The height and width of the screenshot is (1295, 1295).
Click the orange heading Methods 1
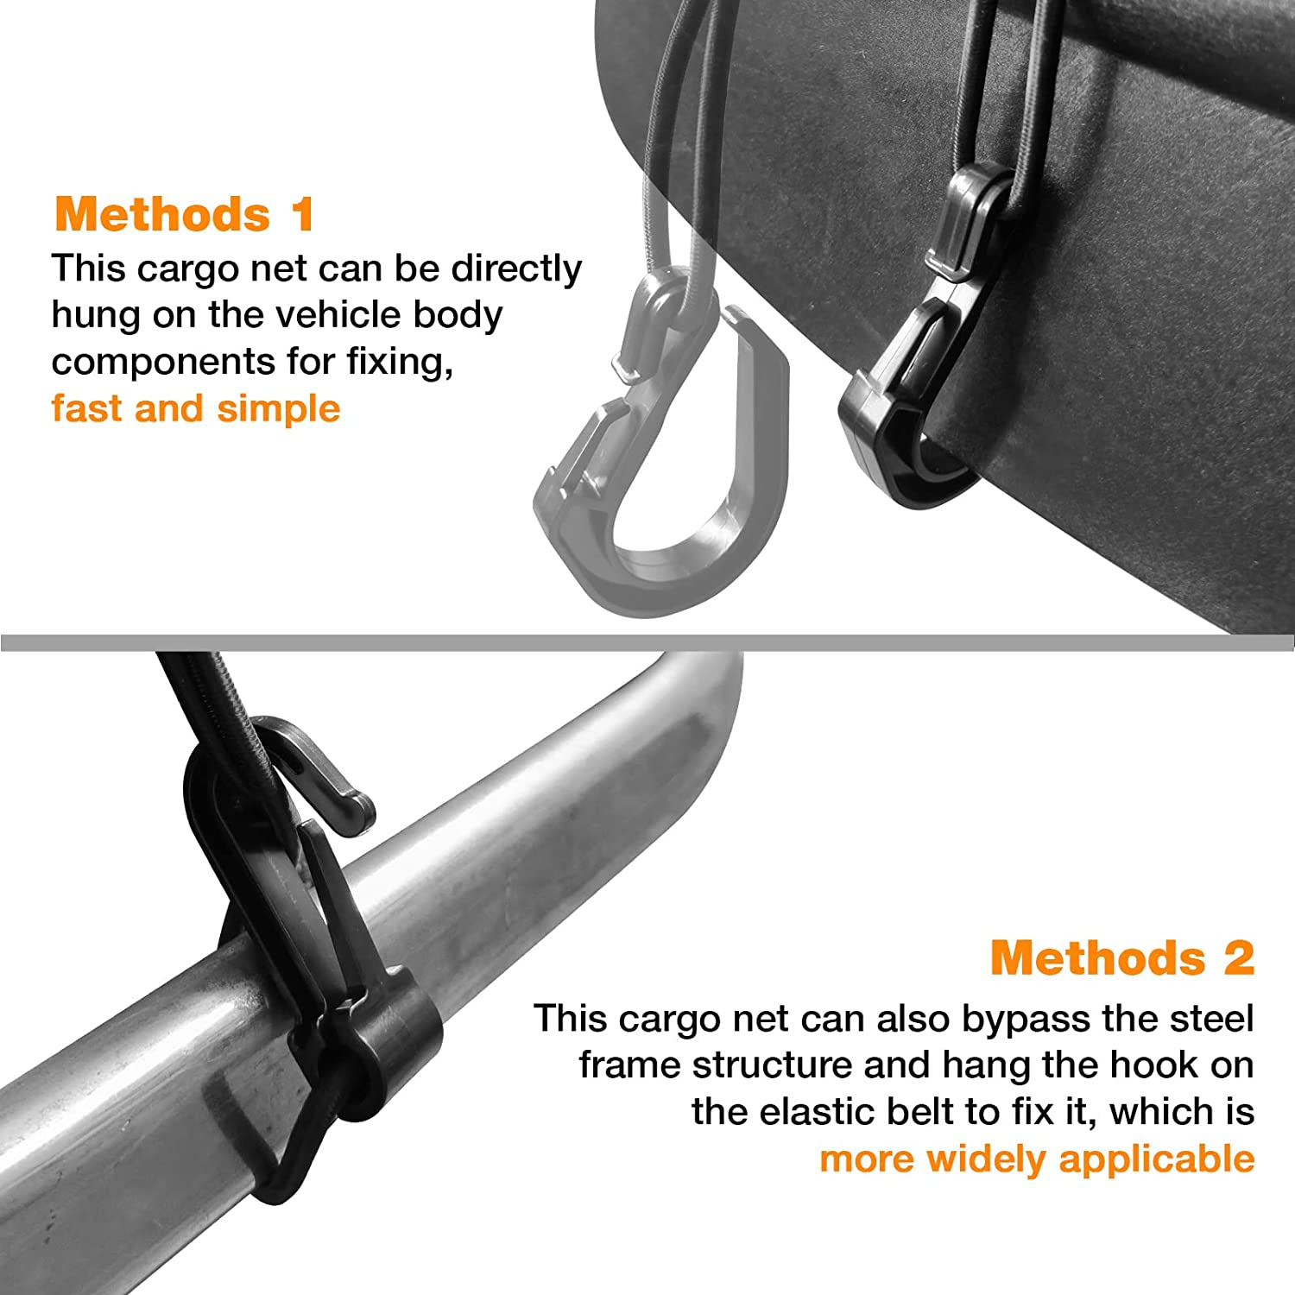pyautogui.click(x=184, y=214)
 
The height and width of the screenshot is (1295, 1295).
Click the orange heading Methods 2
pyautogui.click(x=1122, y=958)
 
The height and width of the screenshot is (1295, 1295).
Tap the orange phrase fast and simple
pyautogui.click(x=196, y=408)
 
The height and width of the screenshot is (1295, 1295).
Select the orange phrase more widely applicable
pyautogui.click(x=1037, y=1159)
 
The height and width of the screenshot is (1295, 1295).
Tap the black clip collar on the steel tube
pyautogui.click(x=388, y=1036)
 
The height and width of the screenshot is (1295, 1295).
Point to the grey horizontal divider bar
pyautogui.click(x=647, y=641)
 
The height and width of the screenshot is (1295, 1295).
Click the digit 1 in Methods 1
pyautogui.click(x=302, y=214)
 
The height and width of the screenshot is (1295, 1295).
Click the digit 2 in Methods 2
pyautogui.click(x=1236, y=958)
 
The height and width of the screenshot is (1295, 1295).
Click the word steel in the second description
pyautogui.click(x=1210, y=1019)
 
